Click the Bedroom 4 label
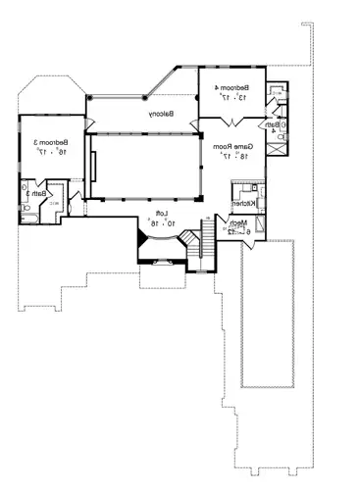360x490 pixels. (x=231, y=87)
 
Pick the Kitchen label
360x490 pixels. (x=243, y=203)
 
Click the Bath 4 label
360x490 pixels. (x=270, y=125)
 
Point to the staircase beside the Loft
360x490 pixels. (x=207, y=238)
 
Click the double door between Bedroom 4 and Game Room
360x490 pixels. (x=231, y=121)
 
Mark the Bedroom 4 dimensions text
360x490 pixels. (x=231, y=97)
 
